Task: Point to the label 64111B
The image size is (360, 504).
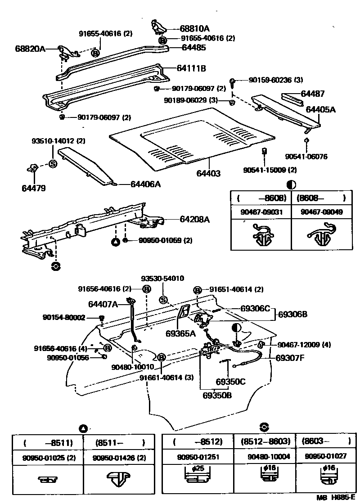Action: click(x=191, y=68)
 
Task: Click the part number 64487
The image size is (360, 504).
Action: click(x=312, y=94)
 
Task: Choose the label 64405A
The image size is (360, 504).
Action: click(x=321, y=109)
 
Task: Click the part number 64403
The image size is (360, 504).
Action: click(x=208, y=173)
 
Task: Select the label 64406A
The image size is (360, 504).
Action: click(x=146, y=184)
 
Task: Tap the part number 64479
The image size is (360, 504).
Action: click(x=34, y=188)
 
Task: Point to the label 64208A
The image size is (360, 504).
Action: click(x=195, y=219)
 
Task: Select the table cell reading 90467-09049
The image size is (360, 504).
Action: click(x=321, y=211)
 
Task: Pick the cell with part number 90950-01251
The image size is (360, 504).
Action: click(x=198, y=457)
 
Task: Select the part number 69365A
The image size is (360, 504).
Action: click(x=180, y=333)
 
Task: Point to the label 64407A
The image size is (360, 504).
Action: click(x=103, y=305)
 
